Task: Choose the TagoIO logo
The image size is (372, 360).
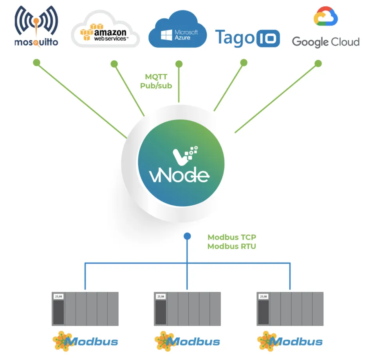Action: point(247,38)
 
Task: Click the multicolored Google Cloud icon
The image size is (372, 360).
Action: point(326,16)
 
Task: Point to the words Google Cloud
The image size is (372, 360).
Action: point(326,41)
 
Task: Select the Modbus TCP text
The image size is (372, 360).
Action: point(232,237)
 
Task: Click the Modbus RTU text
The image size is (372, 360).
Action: point(232,247)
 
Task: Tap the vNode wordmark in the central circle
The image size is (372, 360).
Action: point(180,175)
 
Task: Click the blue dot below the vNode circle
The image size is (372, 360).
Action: point(187,236)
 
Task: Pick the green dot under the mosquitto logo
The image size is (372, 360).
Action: point(36,62)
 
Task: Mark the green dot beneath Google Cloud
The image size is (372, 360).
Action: point(318,63)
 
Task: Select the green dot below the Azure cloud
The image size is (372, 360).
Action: point(179,63)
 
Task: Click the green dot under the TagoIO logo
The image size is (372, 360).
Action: point(244,63)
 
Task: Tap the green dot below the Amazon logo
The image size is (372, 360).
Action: point(114,64)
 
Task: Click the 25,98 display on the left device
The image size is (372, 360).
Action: point(58,297)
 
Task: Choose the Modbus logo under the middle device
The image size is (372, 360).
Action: point(187,341)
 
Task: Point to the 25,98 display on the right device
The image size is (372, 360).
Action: point(263,297)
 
